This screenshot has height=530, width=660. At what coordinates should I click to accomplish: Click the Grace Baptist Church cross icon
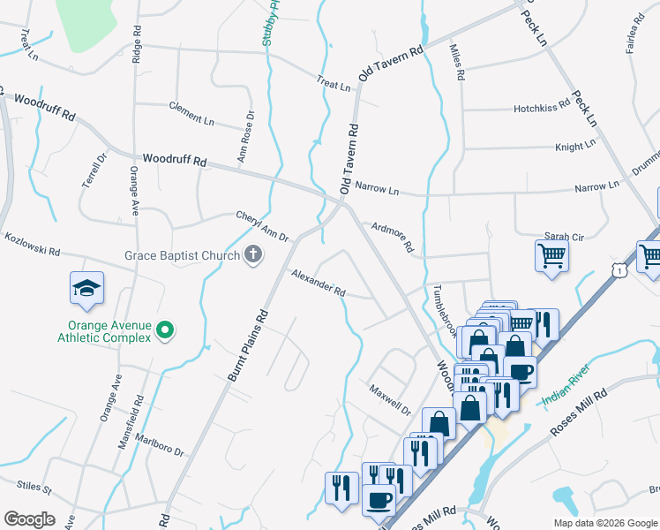click(x=252, y=256)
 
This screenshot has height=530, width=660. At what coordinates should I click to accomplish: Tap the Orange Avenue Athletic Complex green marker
click(x=164, y=330)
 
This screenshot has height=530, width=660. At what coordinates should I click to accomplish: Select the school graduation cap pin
click(x=87, y=289)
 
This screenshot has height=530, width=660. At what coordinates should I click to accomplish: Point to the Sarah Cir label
click(x=563, y=237)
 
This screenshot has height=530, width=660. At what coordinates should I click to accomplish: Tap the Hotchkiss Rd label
click(x=542, y=109)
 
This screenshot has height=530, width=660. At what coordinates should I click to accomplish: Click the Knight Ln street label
click(x=575, y=147)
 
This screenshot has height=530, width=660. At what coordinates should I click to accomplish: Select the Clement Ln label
click(x=191, y=112)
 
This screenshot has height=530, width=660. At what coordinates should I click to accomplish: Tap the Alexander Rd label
click(x=319, y=283)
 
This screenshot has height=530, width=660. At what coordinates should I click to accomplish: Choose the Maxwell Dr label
click(x=390, y=399)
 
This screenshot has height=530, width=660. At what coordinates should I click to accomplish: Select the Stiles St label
click(x=34, y=488)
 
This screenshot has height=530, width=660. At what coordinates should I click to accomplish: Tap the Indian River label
click(x=566, y=391)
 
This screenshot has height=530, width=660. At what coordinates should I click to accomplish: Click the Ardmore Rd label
click(x=393, y=236)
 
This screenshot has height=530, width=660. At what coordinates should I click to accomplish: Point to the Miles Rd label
click(x=456, y=63)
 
